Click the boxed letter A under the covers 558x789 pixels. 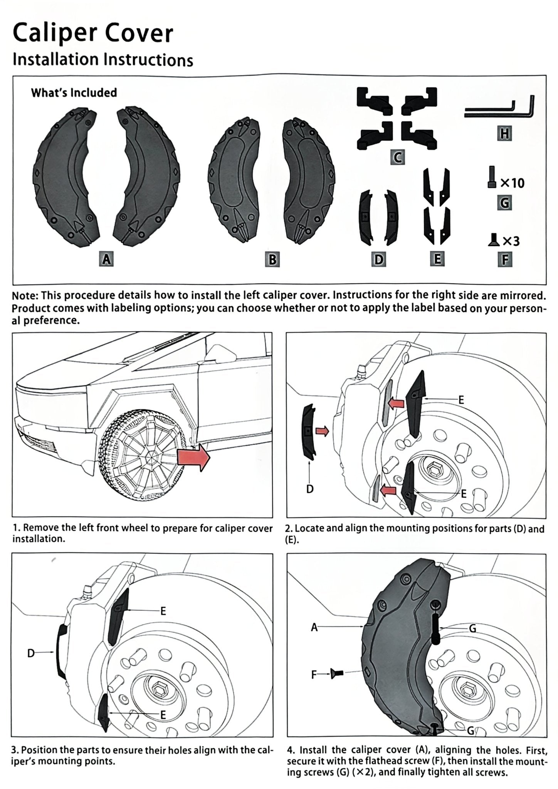point(106,259)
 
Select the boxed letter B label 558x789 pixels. point(272,259)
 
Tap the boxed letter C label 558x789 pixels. point(398,158)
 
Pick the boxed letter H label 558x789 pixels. point(505,134)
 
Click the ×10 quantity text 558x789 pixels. point(512,183)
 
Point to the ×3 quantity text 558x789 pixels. point(511,241)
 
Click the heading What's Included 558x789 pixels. point(74,93)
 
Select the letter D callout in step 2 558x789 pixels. point(310,489)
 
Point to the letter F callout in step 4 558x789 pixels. point(314,674)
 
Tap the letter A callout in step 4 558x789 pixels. point(314,627)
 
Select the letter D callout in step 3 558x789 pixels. point(31,653)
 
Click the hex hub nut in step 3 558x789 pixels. point(159,688)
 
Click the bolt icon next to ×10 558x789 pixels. point(492,177)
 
